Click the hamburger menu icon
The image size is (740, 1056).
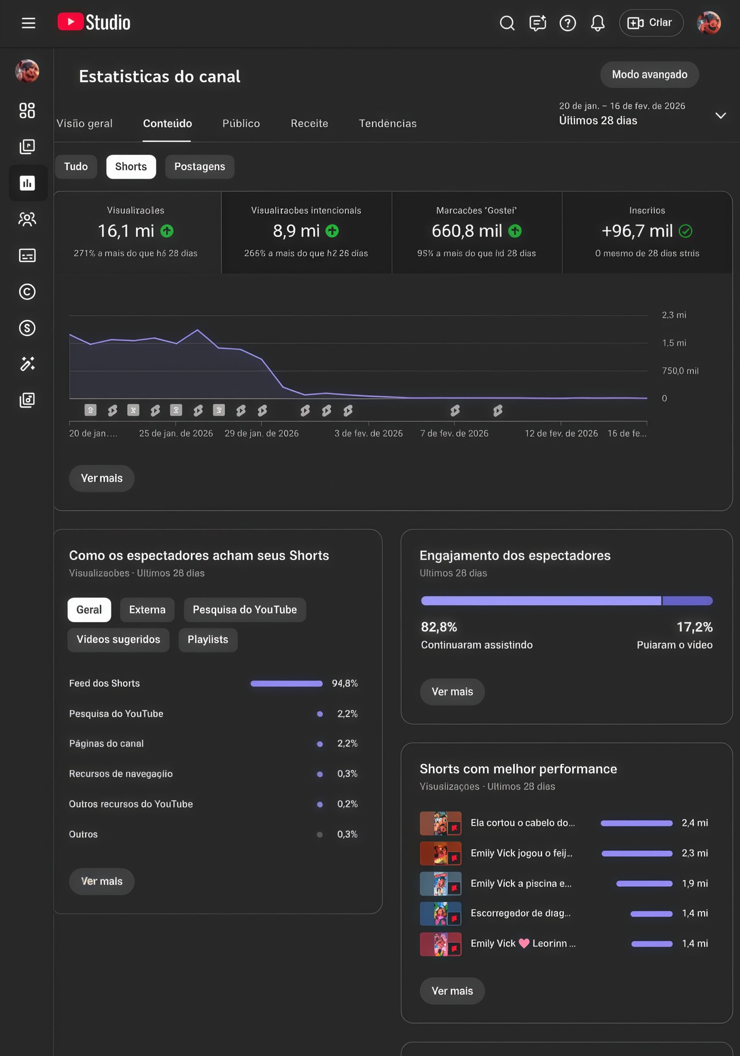pyautogui.click(x=28, y=23)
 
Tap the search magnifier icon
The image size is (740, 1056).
pyautogui.click(x=507, y=23)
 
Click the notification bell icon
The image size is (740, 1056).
pyautogui.click(x=597, y=23)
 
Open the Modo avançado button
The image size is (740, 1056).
pyautogui.click(x=649, y=75)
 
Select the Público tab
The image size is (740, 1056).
pyautogui.click(x=241, y=123)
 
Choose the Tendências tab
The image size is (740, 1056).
pyautogui.click(x=388, y=123)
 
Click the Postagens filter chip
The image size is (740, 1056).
pyautogui.click(x=199, y=167)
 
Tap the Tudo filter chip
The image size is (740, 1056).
pyautogui.click(x=76, y=167)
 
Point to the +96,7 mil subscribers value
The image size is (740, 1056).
pyautogui.click(x=637, y=231)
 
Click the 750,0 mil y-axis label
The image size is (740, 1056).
pyautogui.click(x=680, y=371)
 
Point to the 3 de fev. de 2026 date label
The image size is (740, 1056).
pyautogui.click(x=368, y=433)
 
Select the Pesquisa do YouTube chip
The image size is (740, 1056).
pyautogui.click(x=244, y=609)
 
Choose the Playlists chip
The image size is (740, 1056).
pyautogui.click(x=208, y=639)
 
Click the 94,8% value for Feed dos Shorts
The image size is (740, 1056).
pyautogui.click(x=345, y=683)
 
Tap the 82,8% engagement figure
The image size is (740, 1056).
pyautogui.click(x=439, y=627)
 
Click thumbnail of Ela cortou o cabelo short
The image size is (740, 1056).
pyautogui.click(x=440, y=823)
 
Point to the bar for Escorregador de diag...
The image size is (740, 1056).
pyautogui.click(x=651, y=913)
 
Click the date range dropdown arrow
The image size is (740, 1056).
pyautogui.click(x=720, y=115)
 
